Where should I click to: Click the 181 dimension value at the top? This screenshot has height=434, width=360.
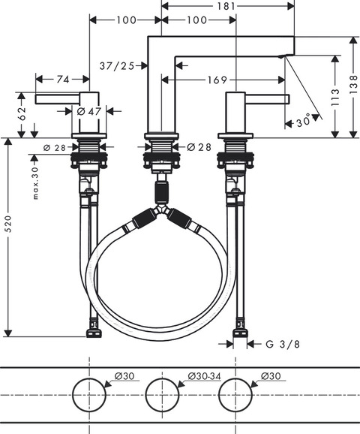click(226, 6)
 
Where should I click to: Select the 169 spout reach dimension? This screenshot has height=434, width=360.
click(217, 80)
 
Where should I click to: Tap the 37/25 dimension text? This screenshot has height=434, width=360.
click(117, 66)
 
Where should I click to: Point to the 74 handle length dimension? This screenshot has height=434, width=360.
click(63, 80)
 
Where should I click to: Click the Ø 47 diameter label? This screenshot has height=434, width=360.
click(89, 111)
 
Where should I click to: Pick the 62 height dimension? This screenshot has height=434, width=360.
click(22, 113)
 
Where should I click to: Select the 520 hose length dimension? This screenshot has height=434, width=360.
click(8, 224)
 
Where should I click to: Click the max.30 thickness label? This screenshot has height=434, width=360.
click(35, 183)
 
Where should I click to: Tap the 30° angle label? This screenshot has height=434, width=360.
click(303, 122)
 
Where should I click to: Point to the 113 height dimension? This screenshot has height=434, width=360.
click(335, 97)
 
